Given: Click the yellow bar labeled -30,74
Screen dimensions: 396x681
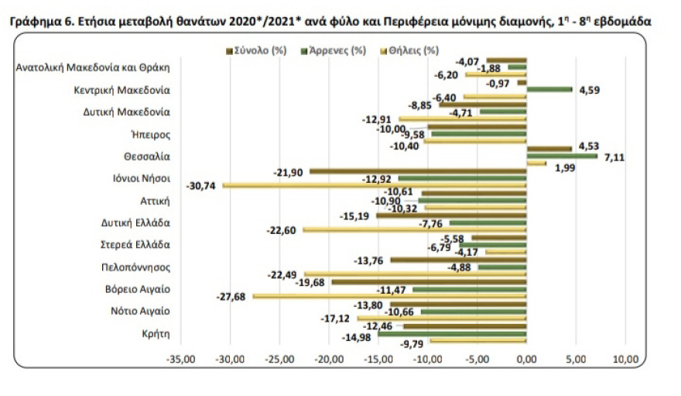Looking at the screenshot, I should coord(375,185).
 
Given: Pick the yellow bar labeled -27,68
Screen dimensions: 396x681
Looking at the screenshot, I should coord(390,296).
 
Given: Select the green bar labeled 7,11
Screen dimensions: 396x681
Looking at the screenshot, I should coord(562,156).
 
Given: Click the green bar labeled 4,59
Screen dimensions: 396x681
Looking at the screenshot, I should coord(549,89).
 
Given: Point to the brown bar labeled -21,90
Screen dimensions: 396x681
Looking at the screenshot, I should coord(418,170).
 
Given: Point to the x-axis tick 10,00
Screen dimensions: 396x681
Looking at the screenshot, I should coord(625,360).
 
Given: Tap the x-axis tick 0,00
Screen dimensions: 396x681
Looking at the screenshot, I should coord(526,360).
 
